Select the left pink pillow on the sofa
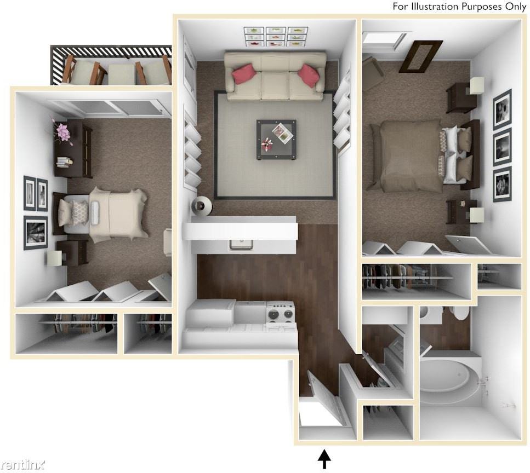[244, 74]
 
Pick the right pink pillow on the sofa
[309, 76]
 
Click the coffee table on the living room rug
[276, 139]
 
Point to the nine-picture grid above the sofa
[275, 37]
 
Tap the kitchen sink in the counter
[241, 244]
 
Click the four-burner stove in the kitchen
[280, 313]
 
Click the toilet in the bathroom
[458, 313]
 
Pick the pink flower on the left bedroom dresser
[63, 132]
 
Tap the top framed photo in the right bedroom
[502, 109]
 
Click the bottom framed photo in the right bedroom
[502, 184]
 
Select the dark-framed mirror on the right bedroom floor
[421, 56]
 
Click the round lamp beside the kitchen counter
[201, 205]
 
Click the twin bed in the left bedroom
[107, 214]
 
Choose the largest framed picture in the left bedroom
[36, 232]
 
